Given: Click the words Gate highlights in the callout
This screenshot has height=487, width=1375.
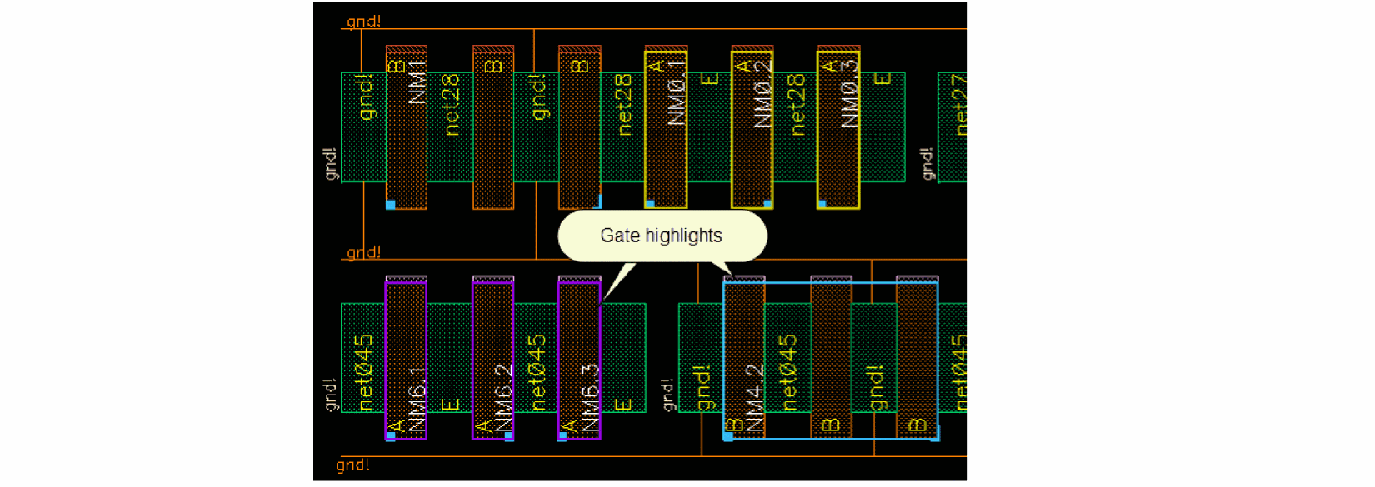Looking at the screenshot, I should click(x=661, y=236).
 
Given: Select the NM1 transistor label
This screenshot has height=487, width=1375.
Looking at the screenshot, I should click(x=418, y=82).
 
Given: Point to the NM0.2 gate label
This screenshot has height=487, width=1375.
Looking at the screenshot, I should click(x=763, y=92).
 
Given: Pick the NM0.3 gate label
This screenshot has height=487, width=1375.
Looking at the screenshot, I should click(x=850, y=92).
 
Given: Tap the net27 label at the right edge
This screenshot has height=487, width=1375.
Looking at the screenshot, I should click(x=958, y=104).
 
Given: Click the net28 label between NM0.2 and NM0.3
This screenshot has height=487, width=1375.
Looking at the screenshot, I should click(x=797, y=104).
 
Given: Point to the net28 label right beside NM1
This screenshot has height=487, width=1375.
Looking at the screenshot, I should click(x=451, y=104).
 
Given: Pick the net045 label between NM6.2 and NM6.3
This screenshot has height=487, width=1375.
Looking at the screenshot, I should click(x=538, y=372).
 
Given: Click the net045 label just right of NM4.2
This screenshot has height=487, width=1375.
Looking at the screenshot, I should click(x=787, y=372).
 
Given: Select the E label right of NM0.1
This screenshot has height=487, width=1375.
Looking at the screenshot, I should click(x=710, y=79).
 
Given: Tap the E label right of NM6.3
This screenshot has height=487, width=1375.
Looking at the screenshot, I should click(x=622, y=405).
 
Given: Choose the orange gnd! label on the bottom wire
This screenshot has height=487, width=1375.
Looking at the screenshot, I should click(x=352, y=465).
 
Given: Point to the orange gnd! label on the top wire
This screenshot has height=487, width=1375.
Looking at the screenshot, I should click(x=363, y=21).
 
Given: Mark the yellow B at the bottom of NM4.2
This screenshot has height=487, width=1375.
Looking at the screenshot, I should click(x=733, y=426).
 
